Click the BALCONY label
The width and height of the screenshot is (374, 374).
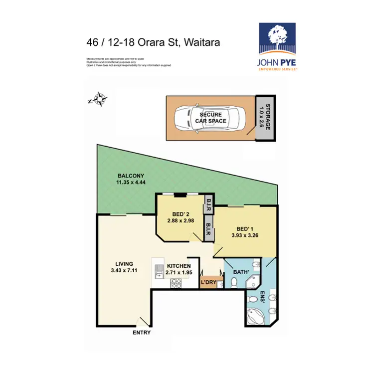[131, 176]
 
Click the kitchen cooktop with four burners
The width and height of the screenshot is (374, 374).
[176, 283]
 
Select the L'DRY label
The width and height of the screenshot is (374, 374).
[208, 283]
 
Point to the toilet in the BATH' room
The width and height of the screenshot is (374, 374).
[234, 283]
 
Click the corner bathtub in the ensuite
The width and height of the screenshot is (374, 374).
[257, 315]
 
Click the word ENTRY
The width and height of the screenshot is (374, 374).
[142, 333]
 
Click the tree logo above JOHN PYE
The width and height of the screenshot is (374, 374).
[277, 37]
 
